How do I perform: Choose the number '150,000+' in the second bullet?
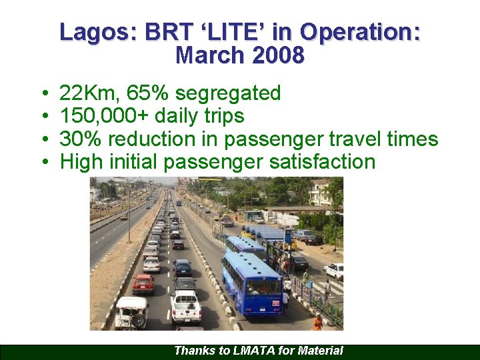point(105,116)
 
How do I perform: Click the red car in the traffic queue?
point(143,284)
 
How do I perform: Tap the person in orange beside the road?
point(318,322)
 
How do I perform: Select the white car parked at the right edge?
point(335,270)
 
